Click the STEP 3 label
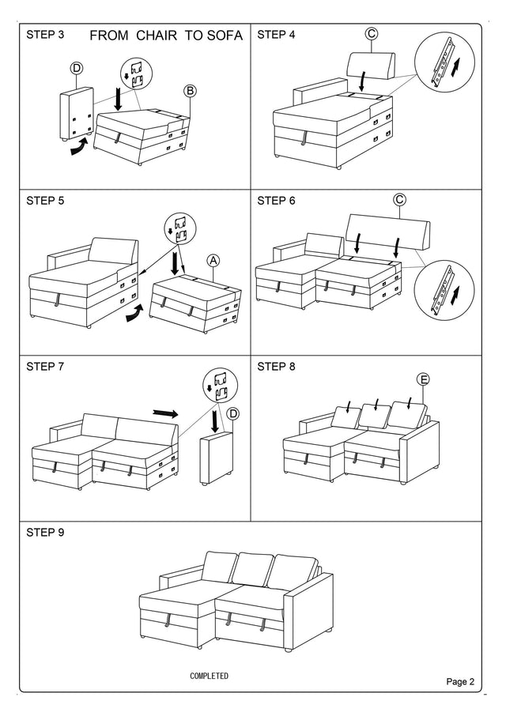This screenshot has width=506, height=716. click(x=45, y=35)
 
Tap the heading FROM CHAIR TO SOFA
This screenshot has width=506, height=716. click(x=167, y=36)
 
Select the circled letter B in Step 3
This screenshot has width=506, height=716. click(x=191, y=90)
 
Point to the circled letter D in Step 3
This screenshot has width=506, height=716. click(x=77, y=69)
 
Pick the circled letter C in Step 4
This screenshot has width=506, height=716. click(x=372, y=33)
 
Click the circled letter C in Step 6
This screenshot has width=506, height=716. click(x=399, y=200)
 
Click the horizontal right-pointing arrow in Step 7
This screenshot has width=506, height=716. click(x=165, y=413)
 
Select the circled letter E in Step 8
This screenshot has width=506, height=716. click(x=424, y=380)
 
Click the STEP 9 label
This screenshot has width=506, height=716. click(x=45, y=532)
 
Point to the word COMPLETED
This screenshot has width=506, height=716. click(x=209, y=676)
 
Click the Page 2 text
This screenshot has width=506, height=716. click(x=460, y=681)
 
